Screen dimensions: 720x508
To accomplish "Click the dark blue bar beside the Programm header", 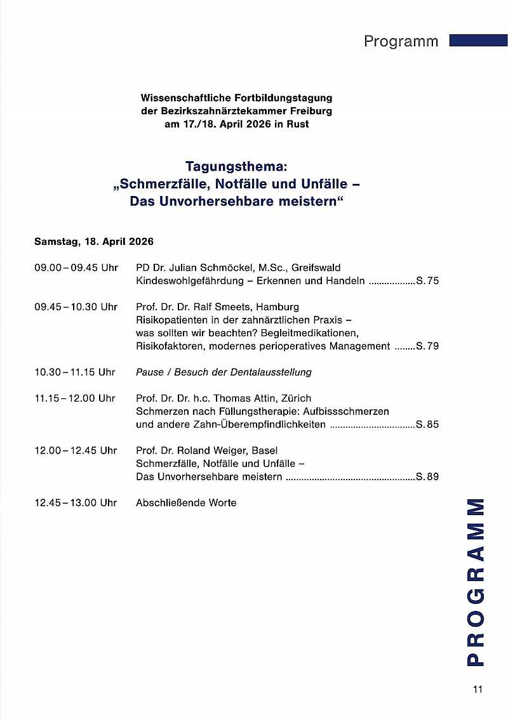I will point(478,41).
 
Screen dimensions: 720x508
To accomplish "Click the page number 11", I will point(478,690).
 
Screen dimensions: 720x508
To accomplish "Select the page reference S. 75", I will point(427,281).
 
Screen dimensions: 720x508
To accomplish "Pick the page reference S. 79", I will point(427,346).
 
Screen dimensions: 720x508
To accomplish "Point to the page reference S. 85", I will point(427,424).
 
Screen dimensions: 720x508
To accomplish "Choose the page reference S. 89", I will point(427,476).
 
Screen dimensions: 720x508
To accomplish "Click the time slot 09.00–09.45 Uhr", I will point(76,268).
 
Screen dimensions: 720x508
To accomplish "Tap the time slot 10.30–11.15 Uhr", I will point(75,372).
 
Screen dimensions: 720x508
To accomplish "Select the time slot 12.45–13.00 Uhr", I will point(76,503).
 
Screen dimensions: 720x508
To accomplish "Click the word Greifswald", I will point(316,268).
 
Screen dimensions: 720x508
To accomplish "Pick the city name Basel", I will point(265,450).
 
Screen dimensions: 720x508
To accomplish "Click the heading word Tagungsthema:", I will point(236,167).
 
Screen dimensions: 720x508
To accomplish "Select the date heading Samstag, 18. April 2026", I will point(94,242).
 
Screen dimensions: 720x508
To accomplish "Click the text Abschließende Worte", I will point(186,503).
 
